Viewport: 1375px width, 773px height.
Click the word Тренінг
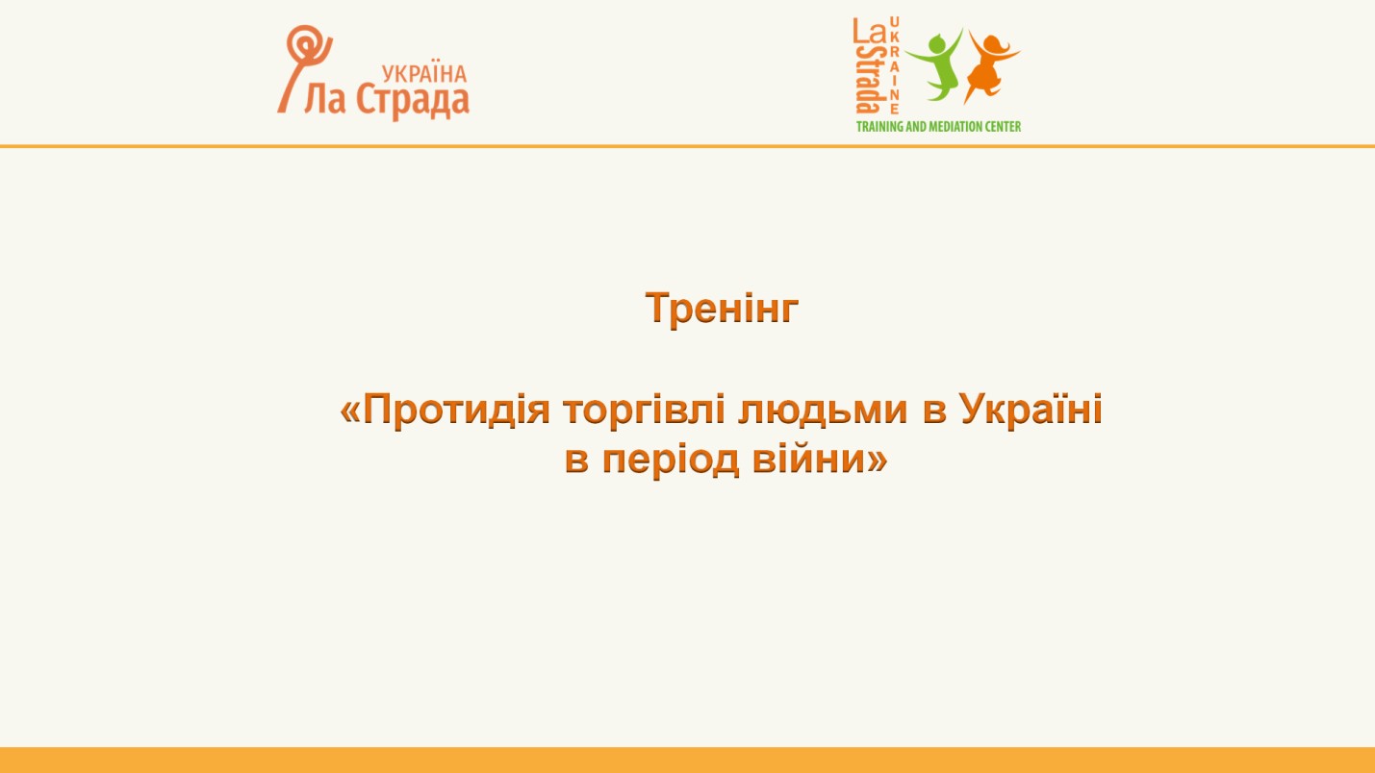point(722,308)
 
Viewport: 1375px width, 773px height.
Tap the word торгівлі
point(644,410)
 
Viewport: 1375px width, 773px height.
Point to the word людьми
point(823,410)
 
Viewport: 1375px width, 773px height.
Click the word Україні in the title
point(1031,409)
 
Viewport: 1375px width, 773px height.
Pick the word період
point(671,461)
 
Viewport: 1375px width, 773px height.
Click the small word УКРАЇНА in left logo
point(424,73)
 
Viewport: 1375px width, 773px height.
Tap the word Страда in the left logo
point(413,101)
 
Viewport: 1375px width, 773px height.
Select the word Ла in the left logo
point(324,99)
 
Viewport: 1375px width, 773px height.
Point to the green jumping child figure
point(934,64)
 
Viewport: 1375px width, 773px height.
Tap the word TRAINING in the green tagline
point(880,127)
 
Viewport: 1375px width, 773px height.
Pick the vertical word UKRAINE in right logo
point(894,65)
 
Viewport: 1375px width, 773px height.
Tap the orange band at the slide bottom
point(687,761)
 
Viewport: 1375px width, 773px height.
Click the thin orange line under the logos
point(687,147)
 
